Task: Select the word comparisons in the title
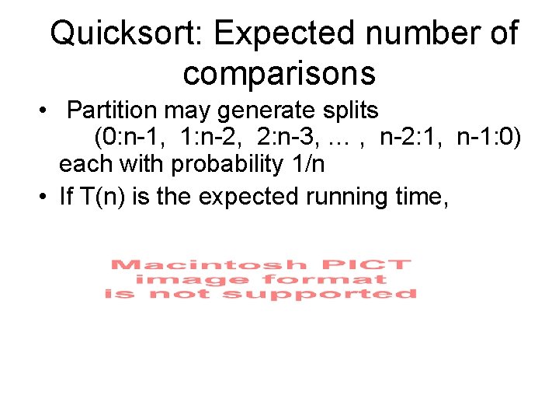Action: point(279,73)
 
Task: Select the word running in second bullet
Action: point(352,197)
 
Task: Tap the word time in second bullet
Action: point(420,197)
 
